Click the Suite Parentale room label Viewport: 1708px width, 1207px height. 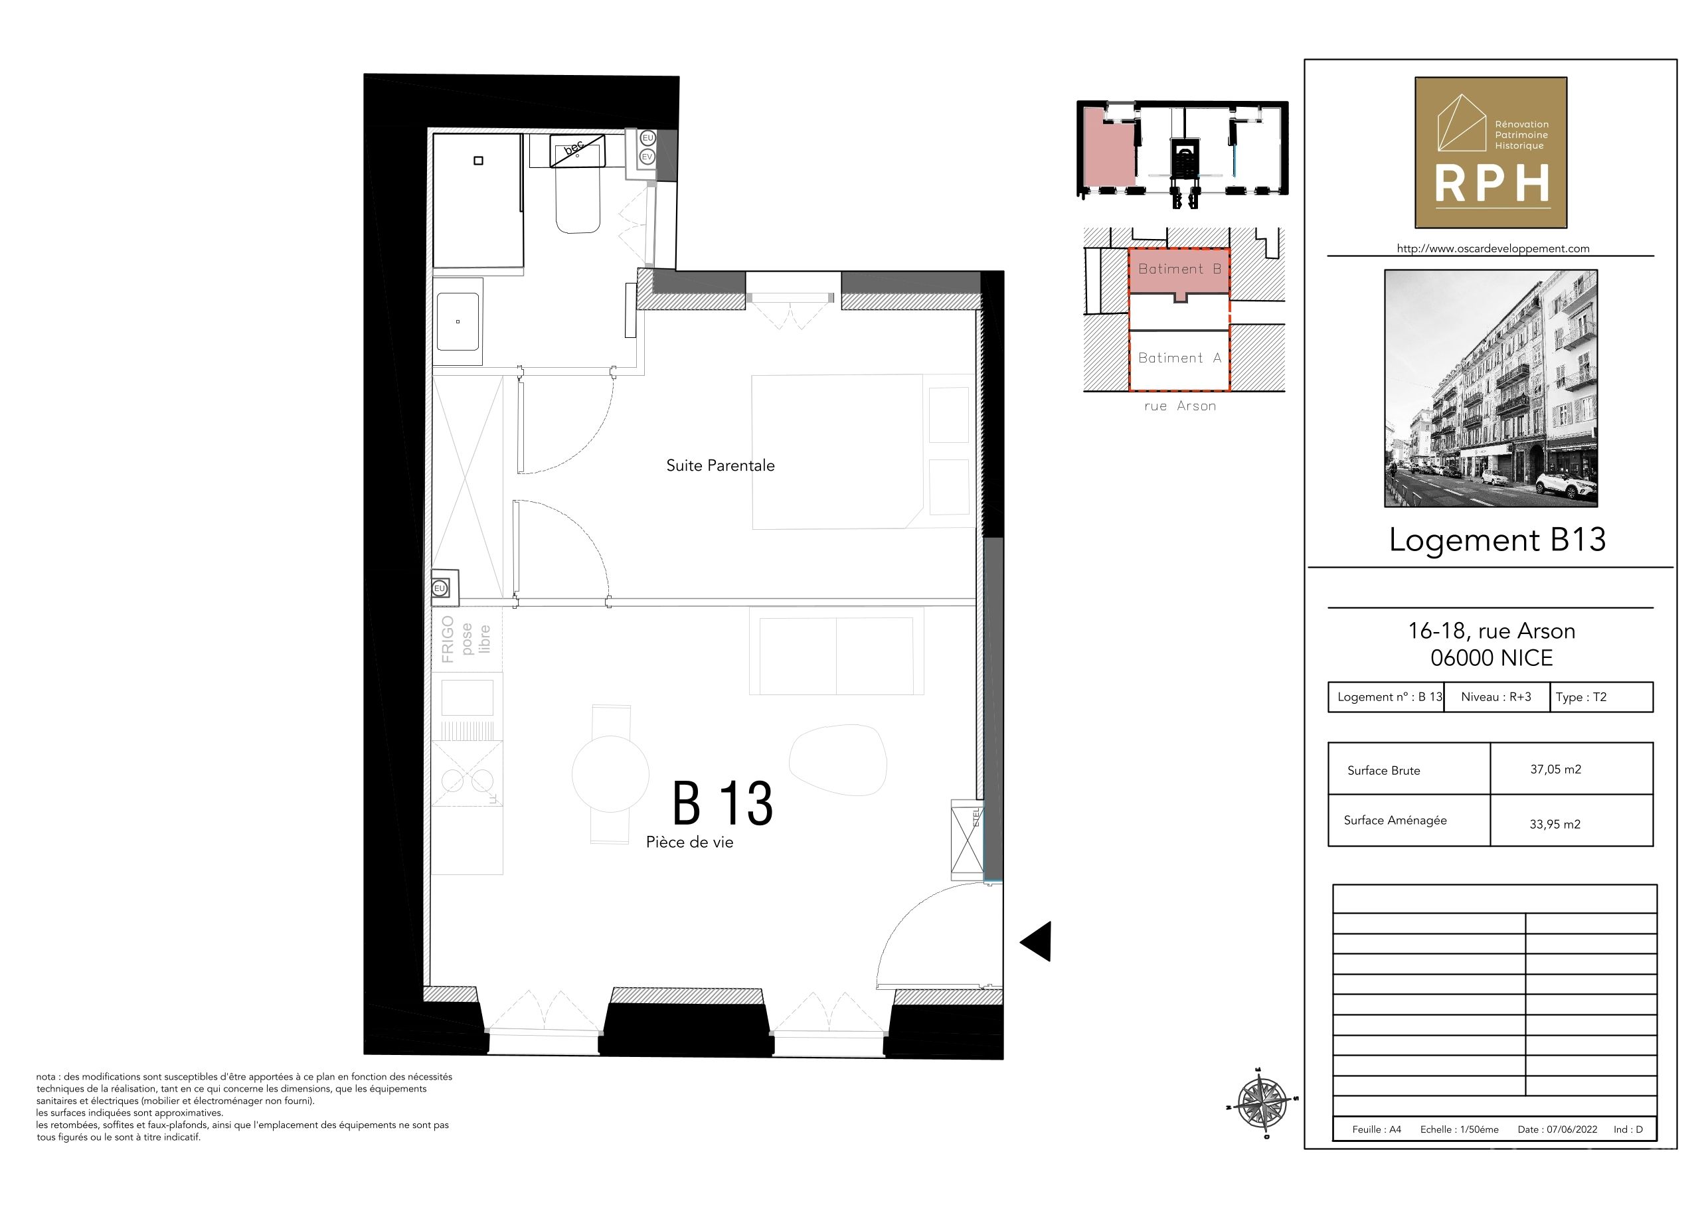[720, 465]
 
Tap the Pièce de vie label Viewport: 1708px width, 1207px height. [689, 842]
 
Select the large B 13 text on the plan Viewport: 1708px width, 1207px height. [723, 803]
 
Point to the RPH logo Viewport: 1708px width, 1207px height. [1491, 153]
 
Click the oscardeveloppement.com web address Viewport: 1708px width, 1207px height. [1493, 248]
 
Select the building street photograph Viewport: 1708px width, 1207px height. [1491, 388]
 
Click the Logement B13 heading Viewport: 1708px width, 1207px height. [1497, 539]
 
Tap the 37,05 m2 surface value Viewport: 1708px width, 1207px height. [1555, 769]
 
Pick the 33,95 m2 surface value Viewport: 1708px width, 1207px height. [1555, 824]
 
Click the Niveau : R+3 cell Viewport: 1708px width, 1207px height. [1496, 697]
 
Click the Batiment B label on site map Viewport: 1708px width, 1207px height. [1180, 269]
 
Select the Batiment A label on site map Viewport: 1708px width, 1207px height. [1180, 358]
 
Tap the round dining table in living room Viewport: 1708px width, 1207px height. [611, 774]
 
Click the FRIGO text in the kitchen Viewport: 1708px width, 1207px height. [447, 639]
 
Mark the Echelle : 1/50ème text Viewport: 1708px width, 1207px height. [1460, 1129]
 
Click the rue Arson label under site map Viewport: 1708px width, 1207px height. [1180, 406]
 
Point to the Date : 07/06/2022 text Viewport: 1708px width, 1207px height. [1557, 1129]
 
